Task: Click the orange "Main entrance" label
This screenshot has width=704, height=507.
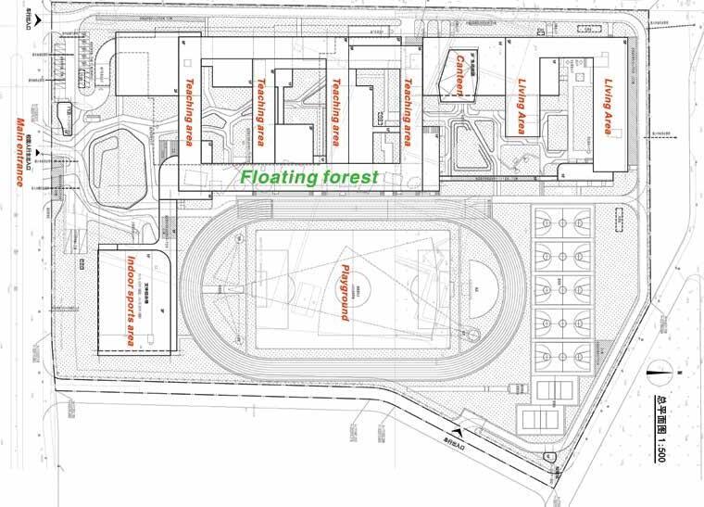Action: [20, 153]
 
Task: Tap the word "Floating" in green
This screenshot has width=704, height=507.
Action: [276, 174]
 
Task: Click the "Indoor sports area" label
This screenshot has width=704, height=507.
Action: [136, 299]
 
